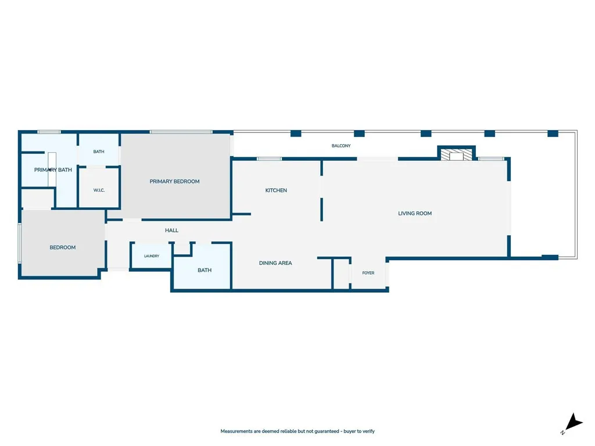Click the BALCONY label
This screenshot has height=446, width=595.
(x=340, y=146)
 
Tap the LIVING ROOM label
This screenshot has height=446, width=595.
(x=415, y=214)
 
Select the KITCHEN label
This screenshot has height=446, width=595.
(x=276, y=190)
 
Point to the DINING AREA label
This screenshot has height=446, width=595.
(x=275, y=263)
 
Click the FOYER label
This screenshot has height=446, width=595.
(x=368, y=273)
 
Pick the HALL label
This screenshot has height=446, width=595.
(x=171, y=230)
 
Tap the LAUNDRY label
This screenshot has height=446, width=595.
(x=152, y=256)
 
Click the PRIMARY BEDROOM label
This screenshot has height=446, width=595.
(x=174, y=182)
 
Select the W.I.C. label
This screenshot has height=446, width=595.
(x=99, y=190)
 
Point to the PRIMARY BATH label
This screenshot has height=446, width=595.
(x=53, y=170)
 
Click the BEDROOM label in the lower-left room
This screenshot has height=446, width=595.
(x=63, y=247)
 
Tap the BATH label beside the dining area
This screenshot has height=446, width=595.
(x=205, y=271)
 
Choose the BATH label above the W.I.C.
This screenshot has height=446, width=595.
(x=99, y=152)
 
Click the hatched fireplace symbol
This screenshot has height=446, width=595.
(x=457, y=154)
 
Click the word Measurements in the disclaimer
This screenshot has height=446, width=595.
(x=236, y=431)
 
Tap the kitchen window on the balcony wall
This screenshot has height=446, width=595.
(x=270, y=159)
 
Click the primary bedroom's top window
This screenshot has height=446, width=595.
(x=181, y=132)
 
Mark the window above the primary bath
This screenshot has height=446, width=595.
(x=49, y=132)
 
